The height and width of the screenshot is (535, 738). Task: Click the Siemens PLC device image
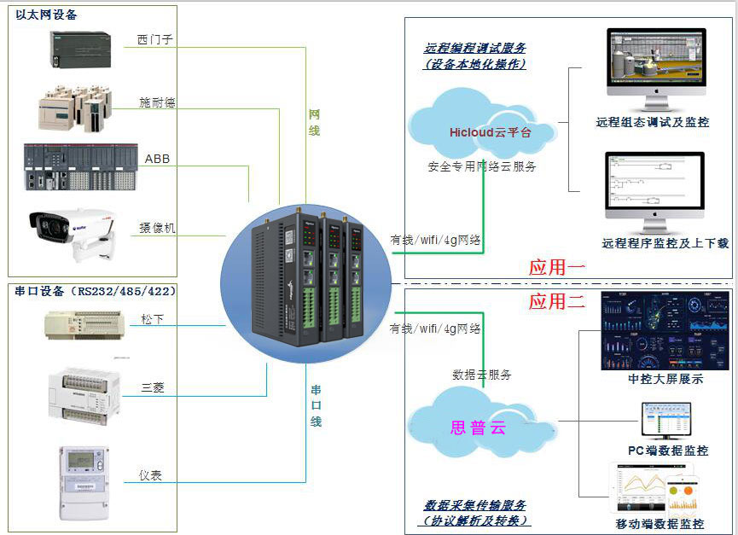(80, 49)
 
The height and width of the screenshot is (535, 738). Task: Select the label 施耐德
(157, 102)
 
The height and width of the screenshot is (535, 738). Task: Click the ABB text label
(157, 160)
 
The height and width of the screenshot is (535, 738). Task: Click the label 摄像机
(157, 228)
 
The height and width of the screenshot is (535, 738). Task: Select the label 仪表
(150, 475)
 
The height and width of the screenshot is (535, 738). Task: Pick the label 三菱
(153, 387)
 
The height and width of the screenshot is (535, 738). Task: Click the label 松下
(153, 320)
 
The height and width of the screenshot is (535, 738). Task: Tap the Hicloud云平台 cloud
(490, 132)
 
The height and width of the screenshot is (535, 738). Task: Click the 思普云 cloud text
(478, 427)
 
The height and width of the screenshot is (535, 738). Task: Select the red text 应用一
(556, 267)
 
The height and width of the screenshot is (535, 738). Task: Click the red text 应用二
(556, 301)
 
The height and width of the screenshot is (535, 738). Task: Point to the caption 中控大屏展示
(665, 379)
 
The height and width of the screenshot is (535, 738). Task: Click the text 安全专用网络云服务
(482, 167)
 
